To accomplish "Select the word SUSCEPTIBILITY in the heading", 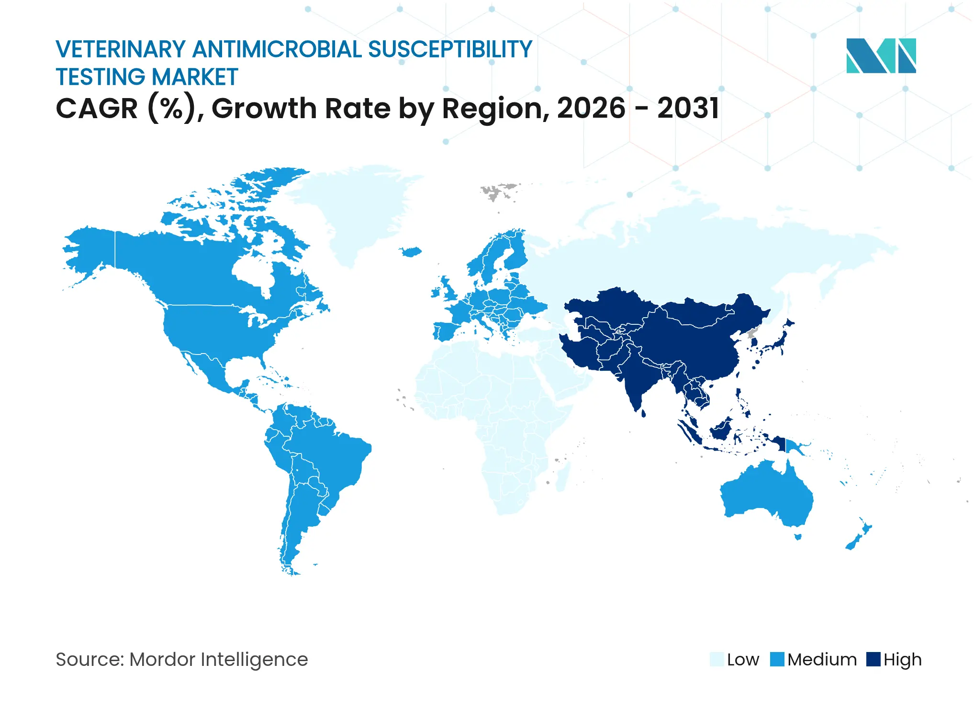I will (x=450, y=49).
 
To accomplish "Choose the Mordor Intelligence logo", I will (x=881, y=55).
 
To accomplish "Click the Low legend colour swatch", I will (x=717, y=659).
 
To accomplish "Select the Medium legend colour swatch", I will (x=777, y=659).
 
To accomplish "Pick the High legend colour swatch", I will (x=873, y=659).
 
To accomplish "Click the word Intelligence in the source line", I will (x=254, y=659).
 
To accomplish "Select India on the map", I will (x=637, y=378).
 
